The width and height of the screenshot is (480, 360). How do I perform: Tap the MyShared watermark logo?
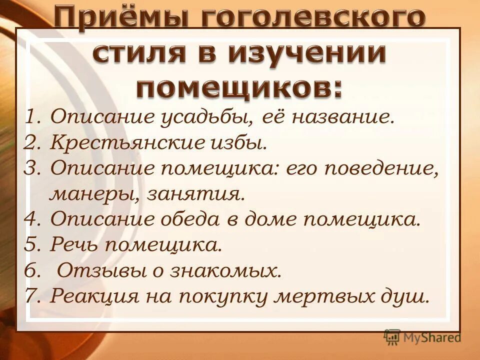(422, 337)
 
